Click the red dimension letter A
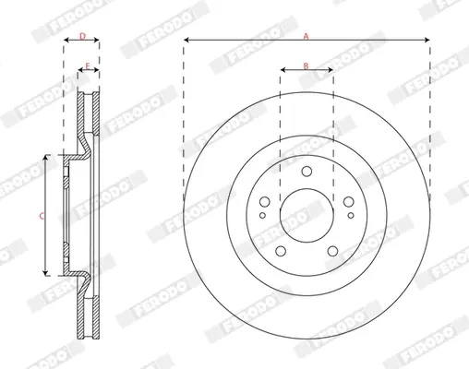click(306, 37)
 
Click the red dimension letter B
click(306, 65)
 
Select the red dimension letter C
click(42, 216)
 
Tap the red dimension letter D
click(82, 37)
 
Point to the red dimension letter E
click(88, 66)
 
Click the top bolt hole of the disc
click(307, 172)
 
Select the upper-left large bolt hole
click(265, 202)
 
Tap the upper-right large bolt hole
click(349, 202)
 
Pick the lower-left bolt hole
click(281, 251)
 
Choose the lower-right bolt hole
click(332, 251)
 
